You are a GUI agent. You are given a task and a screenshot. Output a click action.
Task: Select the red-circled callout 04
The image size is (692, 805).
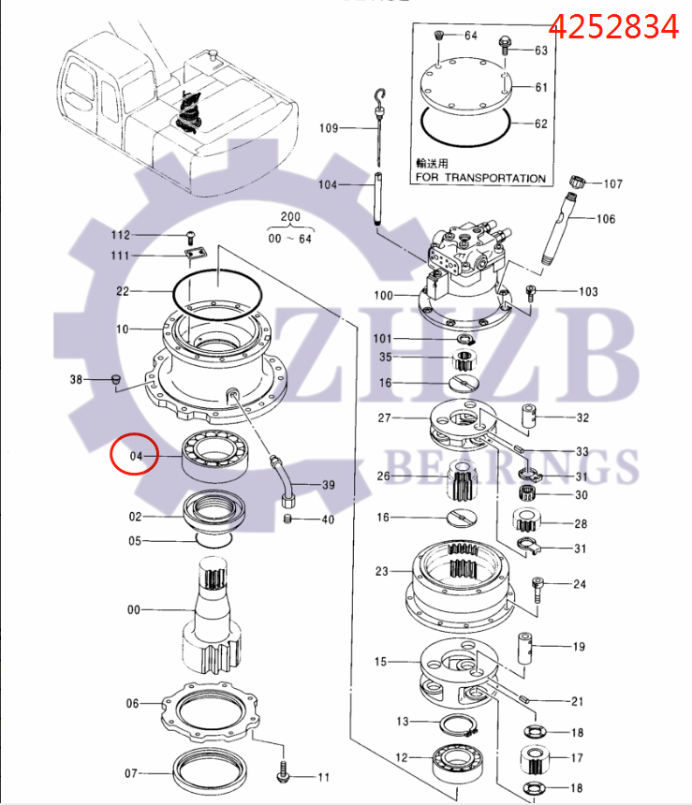(x=137, y=457)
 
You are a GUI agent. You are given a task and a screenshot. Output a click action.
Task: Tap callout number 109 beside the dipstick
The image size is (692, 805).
(x=329, y=127)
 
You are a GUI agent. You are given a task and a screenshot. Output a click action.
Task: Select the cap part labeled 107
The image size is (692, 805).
(x=578, y=181)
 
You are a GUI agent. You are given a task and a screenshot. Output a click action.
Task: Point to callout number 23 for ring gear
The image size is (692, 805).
(x=382, y=571)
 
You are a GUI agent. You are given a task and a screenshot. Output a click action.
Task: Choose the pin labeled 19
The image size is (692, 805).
(x=530, y=647)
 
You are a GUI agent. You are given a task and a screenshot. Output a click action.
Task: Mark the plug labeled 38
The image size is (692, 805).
(x=115, y=379)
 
